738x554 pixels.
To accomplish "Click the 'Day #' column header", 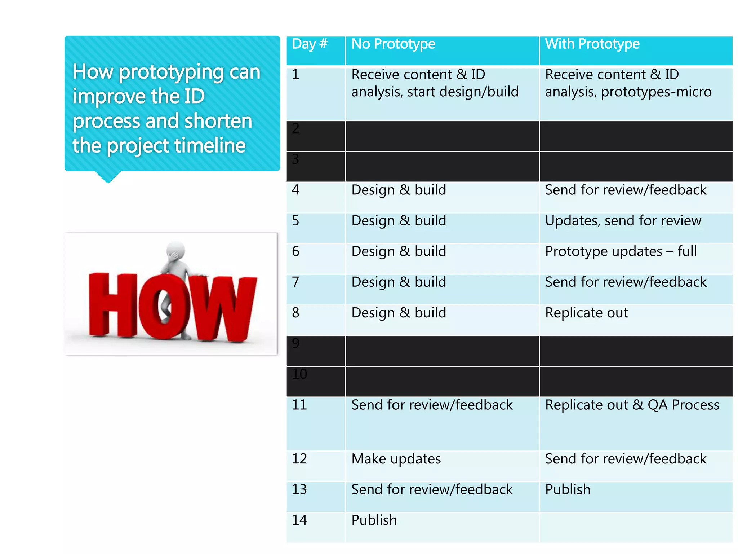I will (310, 44).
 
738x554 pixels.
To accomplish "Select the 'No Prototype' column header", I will (393, 44).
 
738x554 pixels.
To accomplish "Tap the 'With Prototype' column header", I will (592, 44).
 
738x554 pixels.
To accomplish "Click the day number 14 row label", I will (299, 520).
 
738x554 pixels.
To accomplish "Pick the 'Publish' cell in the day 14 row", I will (374, 520).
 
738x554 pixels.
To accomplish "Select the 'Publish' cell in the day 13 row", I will (568, 489).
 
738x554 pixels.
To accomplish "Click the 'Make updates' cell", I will (396, 459).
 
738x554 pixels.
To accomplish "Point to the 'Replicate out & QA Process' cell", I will (632, 405).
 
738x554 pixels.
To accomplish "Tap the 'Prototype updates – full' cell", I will (621, 251).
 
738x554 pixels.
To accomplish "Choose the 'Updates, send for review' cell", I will (623, 221).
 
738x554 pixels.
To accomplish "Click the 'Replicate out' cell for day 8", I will (586, 313).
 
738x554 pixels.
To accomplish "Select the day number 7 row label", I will (295, 282).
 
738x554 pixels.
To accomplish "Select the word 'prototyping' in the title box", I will (171, 72).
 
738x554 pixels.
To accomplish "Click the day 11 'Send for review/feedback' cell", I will (432, 405).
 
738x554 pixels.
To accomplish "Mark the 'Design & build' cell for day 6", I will (399, 251).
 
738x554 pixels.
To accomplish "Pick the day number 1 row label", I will (295, 75).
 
